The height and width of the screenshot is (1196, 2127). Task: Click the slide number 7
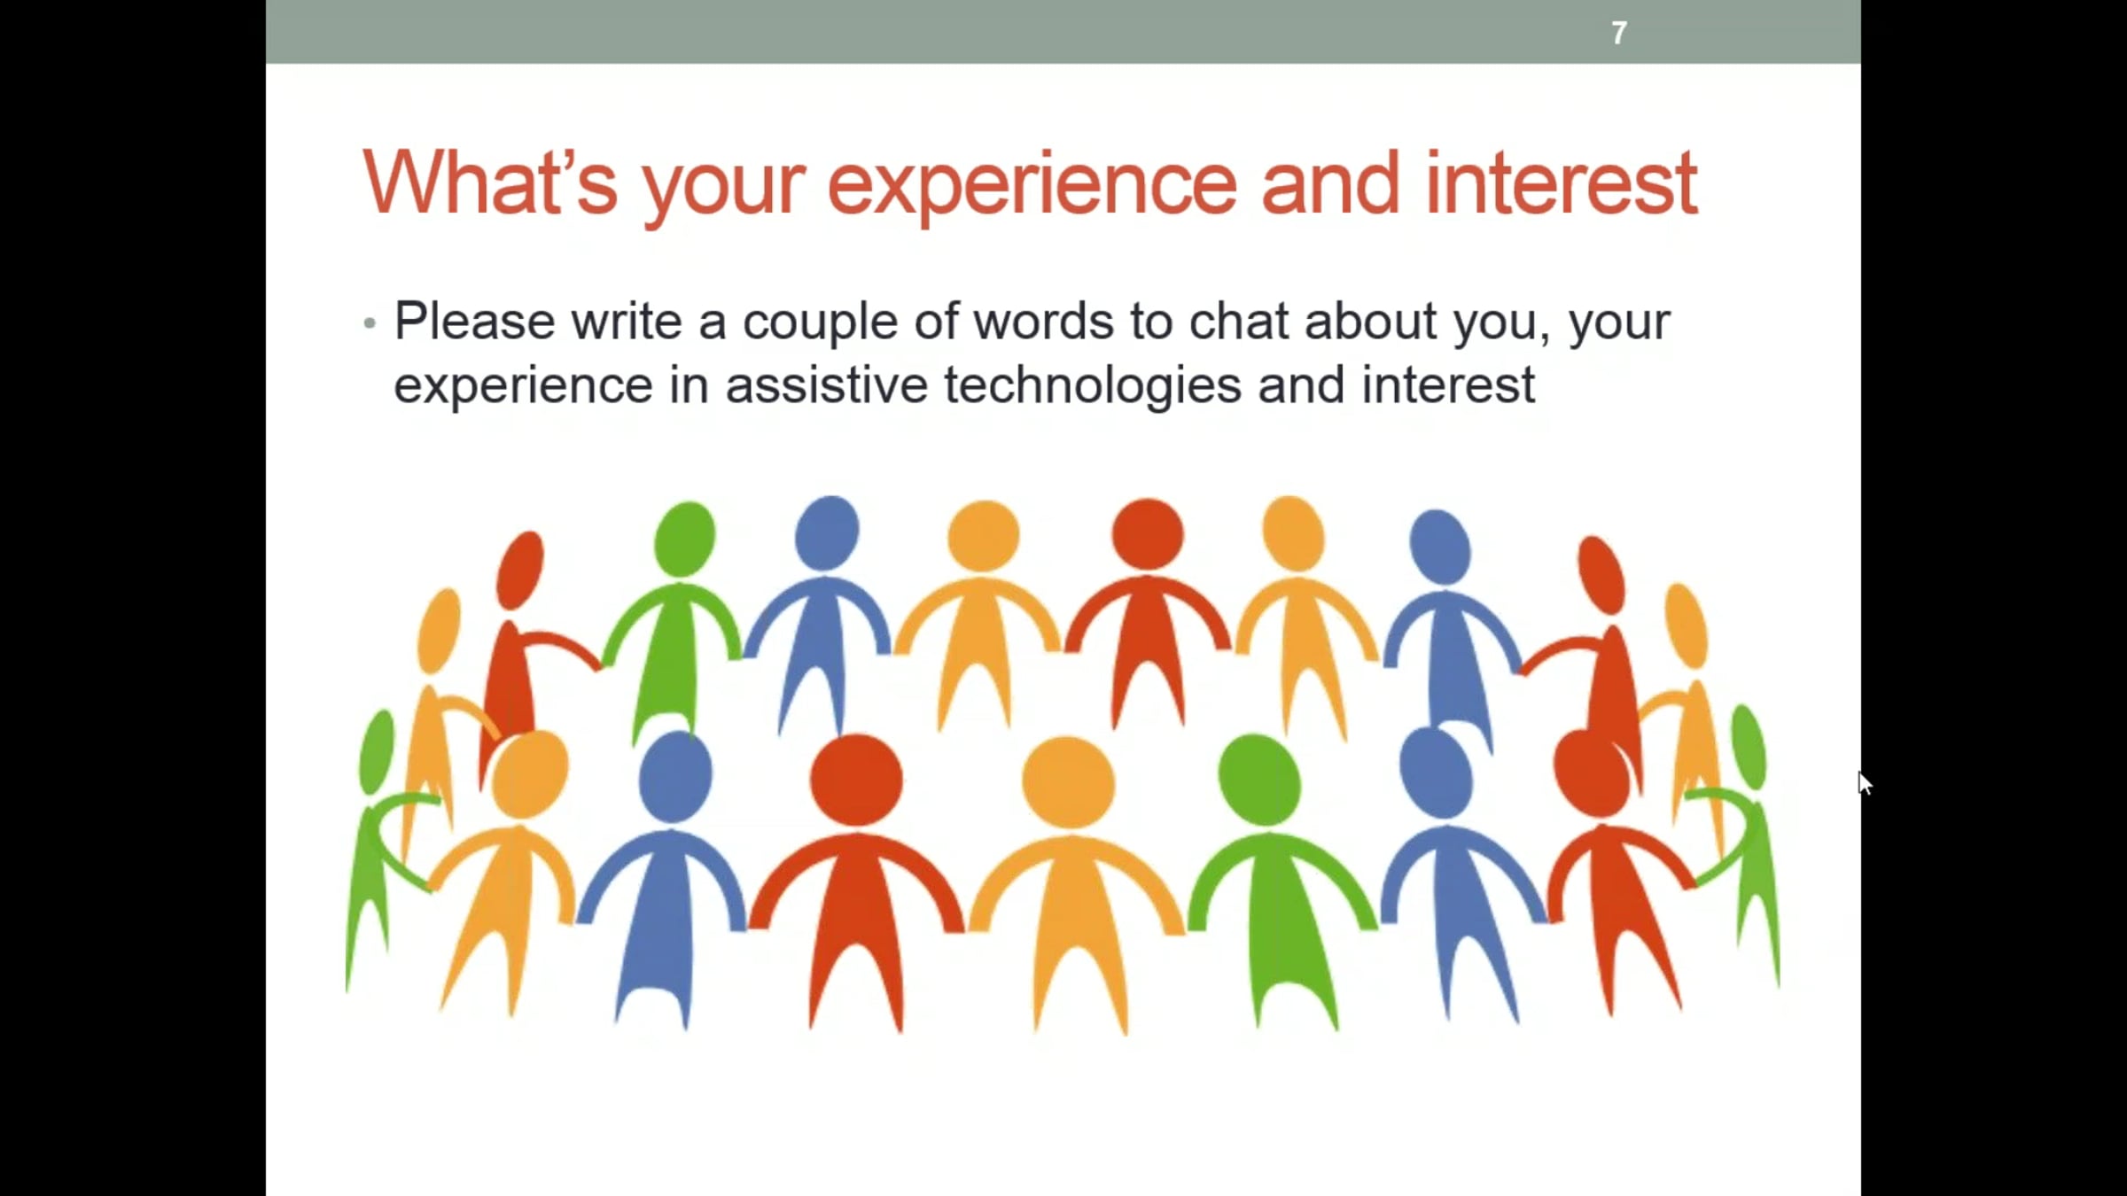coord(1618,34)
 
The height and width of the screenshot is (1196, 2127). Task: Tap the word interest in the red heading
coord(1561,183)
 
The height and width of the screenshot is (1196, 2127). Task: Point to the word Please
coord(474,321)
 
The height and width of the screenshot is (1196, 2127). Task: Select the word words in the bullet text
coord(1043,321)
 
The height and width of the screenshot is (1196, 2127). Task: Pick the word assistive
coord(826,385)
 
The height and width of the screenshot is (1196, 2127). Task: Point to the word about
coord(1370,321)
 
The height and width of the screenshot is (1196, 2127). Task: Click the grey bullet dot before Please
coord(370,323)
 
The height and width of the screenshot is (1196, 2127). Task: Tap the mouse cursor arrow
coord(1865,783)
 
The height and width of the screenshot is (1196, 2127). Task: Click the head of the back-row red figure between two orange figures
coord(1148,533)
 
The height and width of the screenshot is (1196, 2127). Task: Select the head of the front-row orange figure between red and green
coord(1068,781)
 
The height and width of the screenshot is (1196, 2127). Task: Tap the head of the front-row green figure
coord(1259,780)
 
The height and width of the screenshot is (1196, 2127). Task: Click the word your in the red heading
coord(724,188)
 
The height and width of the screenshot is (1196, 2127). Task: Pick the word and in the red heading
coord(1330,183)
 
